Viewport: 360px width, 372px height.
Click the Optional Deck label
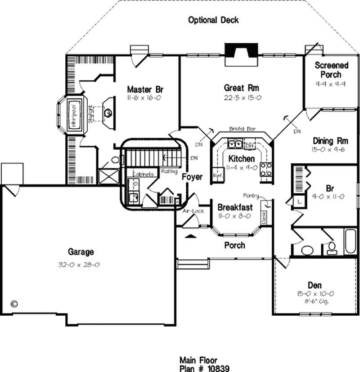213,20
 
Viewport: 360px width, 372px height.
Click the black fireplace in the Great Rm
241,51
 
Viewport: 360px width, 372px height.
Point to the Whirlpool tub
73,115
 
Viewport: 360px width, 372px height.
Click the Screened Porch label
331,70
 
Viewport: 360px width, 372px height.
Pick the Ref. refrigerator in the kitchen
218,175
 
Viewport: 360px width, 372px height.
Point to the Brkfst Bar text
242,129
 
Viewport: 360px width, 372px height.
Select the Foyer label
192,177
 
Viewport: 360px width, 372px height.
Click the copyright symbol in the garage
14,303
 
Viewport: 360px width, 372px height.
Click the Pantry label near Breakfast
251,196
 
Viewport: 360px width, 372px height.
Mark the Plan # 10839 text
204,368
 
